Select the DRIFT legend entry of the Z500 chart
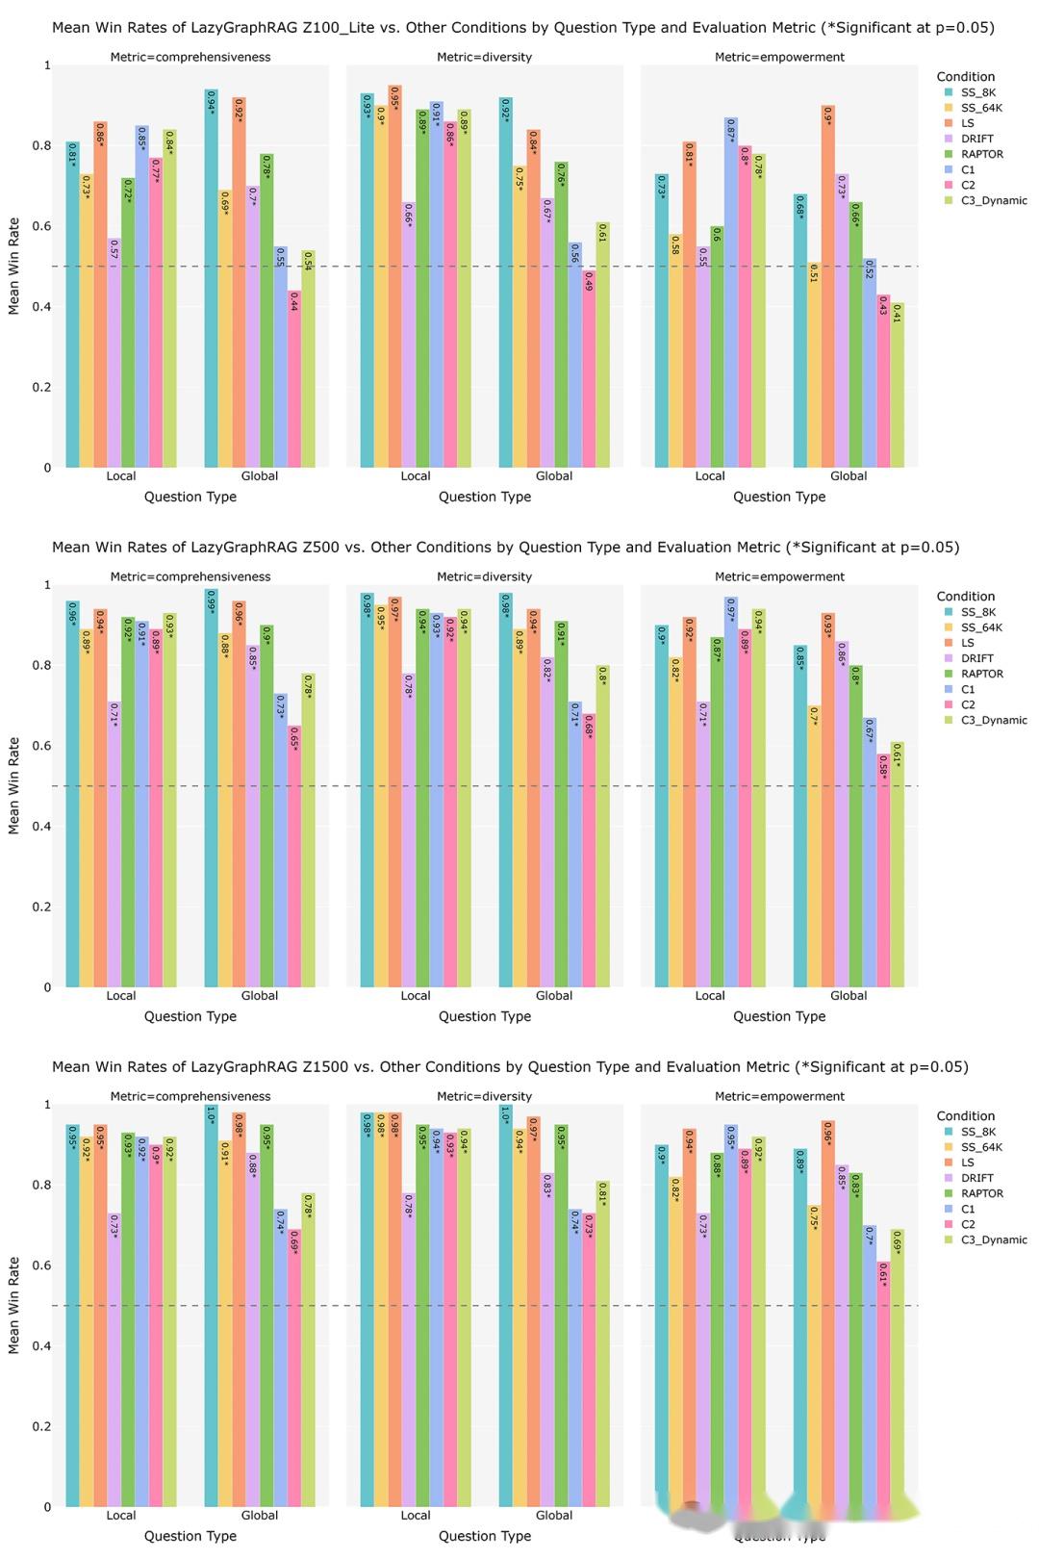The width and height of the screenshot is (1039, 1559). coord(976,658)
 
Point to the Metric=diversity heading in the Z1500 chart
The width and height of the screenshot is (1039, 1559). coord(484,1096)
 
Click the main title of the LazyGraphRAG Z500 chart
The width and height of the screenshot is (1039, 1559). coord(505,548)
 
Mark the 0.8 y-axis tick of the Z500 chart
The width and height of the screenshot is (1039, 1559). coord(44,665)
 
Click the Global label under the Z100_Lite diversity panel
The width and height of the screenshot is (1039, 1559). coord(554,476)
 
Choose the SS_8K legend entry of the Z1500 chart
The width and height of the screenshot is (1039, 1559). coord(977,1132)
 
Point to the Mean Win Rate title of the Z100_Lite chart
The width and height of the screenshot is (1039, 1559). coord(13,267)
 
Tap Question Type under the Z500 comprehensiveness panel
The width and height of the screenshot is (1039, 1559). coord(190,1016)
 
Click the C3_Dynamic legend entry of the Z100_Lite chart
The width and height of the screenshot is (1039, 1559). coord(993,200)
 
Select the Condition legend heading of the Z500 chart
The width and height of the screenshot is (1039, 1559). coord(965,597)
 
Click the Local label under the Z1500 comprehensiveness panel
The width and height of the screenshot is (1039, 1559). coord(121,1516)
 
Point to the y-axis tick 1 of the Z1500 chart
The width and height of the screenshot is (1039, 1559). coord(47,1105)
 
